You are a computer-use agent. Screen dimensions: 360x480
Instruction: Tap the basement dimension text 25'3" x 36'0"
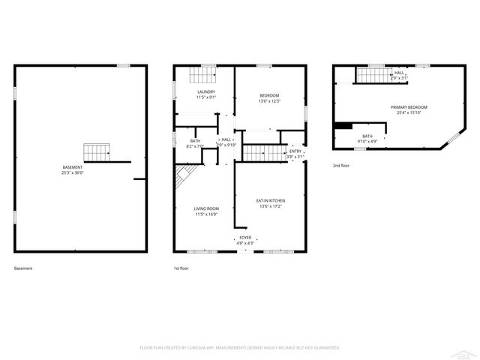pyautogui.click(x=73, y=172)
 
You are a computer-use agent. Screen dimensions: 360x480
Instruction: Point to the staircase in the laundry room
pyautogui.click(x=201, y=74)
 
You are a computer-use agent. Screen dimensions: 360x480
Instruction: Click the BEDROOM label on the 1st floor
pyautogui.click(x=269, y=95)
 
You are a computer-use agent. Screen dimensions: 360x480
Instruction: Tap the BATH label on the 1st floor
pyautogui.click(x=195, y=140)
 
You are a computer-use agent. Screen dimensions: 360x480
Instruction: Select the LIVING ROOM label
pyautogui.click(x=206, y=208)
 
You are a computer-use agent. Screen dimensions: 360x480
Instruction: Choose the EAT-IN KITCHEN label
pyautogui.click(x=271, y=201)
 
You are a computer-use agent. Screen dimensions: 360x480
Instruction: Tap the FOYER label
pyautogui.click(x=245, y=237)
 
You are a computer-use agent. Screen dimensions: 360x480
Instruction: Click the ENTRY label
pyautogui.click(x=296, y=151)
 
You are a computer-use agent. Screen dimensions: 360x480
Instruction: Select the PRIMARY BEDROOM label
pyautogui.click(x=406, y=107)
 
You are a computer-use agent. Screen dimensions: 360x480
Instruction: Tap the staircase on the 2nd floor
pyautogui.click(x=372, y=75)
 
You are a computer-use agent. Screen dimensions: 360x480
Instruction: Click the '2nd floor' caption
pyautogui.click(x=341, y=165)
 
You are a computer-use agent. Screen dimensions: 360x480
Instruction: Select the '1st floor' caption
pyautogui.click(x=181, y=268)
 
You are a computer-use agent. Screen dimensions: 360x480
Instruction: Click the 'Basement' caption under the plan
pyautogui.click(x=23, y=268)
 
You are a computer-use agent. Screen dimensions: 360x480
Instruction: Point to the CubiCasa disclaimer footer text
pyautogui.click(x=240, y=347)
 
